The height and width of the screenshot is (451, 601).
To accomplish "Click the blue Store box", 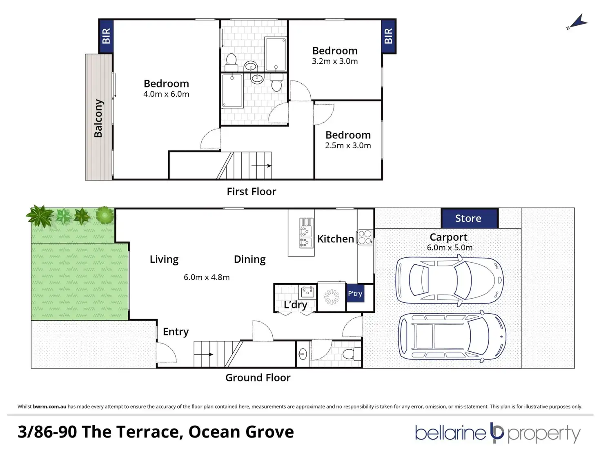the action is click(x=469, y=218).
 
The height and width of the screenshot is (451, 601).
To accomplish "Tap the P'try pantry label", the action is click(x=355, y=294).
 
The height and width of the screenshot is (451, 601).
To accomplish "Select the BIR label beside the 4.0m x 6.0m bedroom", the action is click(x=106, y=36).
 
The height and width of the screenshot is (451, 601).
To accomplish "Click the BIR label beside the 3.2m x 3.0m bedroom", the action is click(x=388, y=36).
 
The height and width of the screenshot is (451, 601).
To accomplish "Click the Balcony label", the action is click(x=98, y=118).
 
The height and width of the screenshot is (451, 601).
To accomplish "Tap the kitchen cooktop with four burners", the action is click(x=365, y=237).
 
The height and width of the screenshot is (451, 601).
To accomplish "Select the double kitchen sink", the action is click(x=306, y=233).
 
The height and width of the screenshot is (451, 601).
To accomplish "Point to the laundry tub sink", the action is click(x=308, y=292).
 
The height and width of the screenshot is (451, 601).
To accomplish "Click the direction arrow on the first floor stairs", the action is click(x=261, y=166).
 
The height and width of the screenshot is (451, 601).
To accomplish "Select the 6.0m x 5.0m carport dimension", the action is click(x=450, y=248).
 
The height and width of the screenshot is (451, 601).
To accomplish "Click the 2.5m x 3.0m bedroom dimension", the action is click(x=348, y=145).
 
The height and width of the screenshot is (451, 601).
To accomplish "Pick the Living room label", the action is click(x=164, y=259).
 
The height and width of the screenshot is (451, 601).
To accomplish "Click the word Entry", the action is click(x=176, y=332).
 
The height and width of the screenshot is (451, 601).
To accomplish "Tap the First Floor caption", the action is click(x=252, y=192).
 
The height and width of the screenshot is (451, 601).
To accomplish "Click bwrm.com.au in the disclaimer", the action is click(x=49, y=406).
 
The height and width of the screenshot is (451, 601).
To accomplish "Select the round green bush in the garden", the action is click(x=105, y=215).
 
